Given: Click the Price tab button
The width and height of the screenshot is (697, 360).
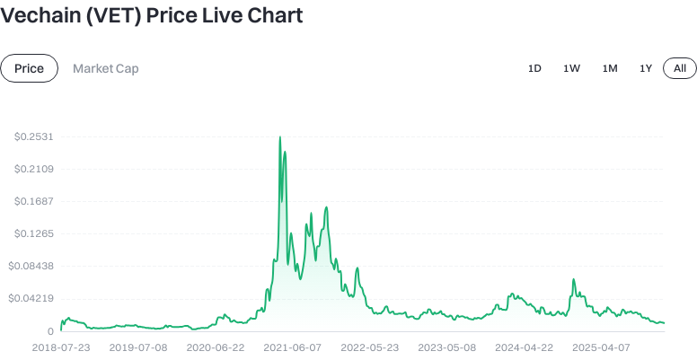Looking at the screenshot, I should [x=30, y=68].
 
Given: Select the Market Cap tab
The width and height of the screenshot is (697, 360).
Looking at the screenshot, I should [x=106, y=68].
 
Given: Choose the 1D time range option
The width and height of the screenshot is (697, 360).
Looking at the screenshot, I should [x=534, y=68].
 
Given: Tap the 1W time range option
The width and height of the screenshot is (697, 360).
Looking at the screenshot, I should [x=571, y=68].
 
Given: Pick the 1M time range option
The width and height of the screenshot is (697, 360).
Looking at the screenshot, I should [x=610, y=68].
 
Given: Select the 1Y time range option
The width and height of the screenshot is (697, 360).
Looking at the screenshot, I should [x=646, y=68].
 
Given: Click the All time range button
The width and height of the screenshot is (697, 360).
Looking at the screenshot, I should [x=680, y=68].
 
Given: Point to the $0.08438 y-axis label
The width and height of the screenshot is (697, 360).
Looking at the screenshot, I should [x=31, y=266].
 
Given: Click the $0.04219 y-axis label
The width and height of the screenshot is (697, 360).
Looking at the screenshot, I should [x=31, y=298].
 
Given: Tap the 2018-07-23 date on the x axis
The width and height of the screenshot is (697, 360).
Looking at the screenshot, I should [x=61, y=347].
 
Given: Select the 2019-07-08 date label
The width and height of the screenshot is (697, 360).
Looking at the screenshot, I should [x=137, y=347].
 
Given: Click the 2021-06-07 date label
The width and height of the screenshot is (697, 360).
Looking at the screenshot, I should [x=292, y=347].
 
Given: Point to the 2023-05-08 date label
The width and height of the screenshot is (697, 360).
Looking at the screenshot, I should [x=446, y=347].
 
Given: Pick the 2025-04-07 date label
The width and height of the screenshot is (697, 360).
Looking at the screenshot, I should [x=600, y=347].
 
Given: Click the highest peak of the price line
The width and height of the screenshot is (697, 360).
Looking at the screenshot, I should [x=280, y=137].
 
